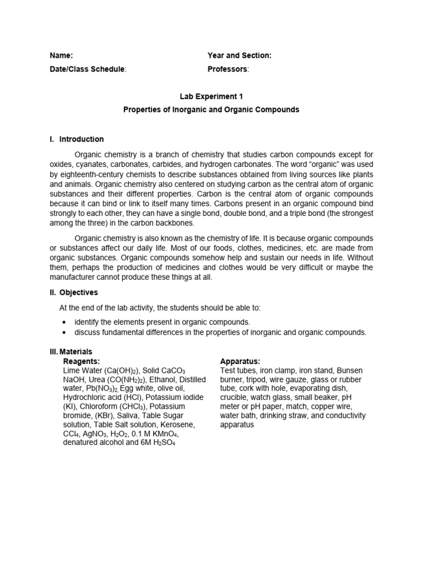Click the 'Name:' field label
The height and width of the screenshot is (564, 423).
[x=61, y=56]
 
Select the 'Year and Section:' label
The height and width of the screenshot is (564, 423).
[x=239, y=56]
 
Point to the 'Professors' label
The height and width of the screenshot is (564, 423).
[x=227, y=69]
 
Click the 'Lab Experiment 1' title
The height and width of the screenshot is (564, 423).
[x=211, y=96]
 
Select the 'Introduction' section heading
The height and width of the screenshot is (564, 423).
[x=81, y=139]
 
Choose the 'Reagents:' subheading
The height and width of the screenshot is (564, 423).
[x=82, y=361]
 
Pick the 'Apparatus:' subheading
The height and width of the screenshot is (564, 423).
[x=240, y=361]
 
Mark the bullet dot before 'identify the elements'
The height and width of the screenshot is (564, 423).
[x=65, y=322]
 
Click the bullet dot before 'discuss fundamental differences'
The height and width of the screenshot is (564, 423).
[x=65, y=332]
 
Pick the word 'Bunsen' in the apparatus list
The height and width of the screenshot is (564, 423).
[x=352, y=370]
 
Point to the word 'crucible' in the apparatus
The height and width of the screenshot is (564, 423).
[x=234, y=397]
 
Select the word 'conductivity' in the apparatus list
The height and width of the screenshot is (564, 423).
[x=344, y=416]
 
